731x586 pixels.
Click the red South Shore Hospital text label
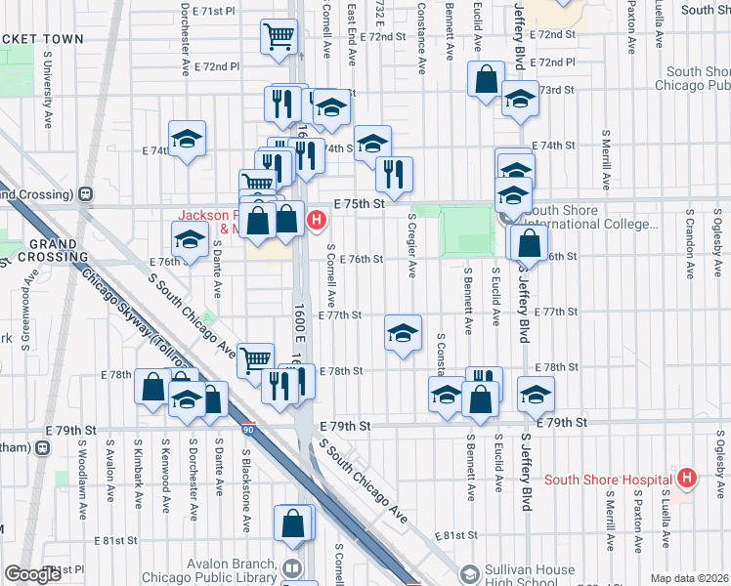(607, 479)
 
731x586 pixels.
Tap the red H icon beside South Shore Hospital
(687, 478)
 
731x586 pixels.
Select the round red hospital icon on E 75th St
(316, 220)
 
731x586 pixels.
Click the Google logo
(32, 574)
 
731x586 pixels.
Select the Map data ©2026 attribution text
(689, 578)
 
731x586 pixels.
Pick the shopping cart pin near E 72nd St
(279, 38)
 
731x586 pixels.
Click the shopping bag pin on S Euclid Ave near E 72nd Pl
(486, 79)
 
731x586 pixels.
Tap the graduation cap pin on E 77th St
(403, 333)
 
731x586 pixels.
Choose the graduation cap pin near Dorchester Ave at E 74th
(187, 140)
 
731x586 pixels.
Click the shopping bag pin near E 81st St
(293, 523)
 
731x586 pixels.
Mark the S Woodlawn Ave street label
(83, 483)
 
